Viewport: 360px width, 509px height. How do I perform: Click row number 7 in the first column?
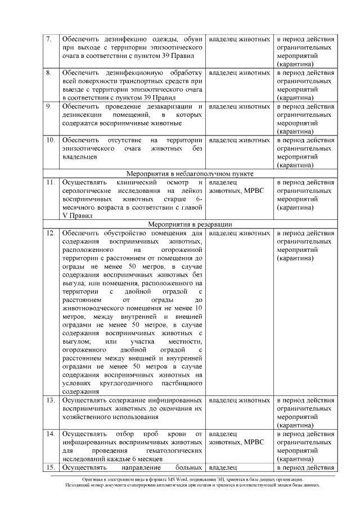click(49, 40)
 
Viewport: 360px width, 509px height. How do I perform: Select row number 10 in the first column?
click(50, 139)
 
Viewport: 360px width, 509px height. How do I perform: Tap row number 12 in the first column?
click(50, 233)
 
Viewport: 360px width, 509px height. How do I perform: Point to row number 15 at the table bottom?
click(50, 467)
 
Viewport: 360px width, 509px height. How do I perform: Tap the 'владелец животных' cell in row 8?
click(239, 73)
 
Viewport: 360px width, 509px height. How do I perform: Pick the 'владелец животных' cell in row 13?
click(239, 400)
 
